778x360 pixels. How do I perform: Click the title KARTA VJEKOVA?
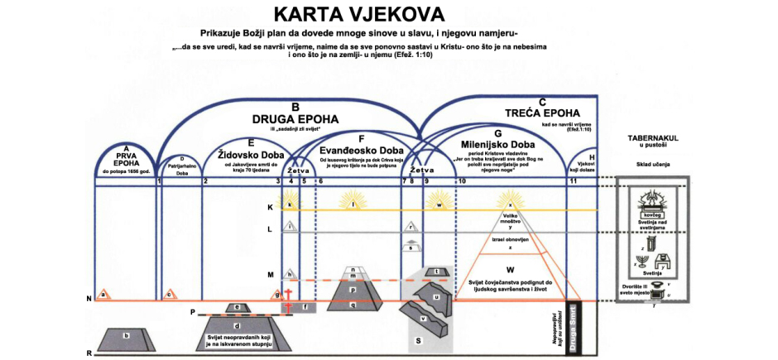click(x=358, y=14)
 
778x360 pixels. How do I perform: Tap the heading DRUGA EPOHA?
click(x=295, y=118)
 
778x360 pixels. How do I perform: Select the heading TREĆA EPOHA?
click(x=542, y=112)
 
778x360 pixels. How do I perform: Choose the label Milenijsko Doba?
click(x=497, y=144)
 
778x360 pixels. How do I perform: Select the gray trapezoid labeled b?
click(x=126, y=338)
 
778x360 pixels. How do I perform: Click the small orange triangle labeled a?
click(x=103, y=294)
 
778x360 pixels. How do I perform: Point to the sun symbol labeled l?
click(x=354, y=204)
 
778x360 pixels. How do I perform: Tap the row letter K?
click(x=269, y=207)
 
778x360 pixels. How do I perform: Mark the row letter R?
click(x=89, y=353)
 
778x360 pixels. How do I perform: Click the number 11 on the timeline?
click(x=573, y=181)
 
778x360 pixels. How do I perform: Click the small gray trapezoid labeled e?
click(x=238, y=308)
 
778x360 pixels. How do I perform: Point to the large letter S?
click(x=420, y=340)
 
